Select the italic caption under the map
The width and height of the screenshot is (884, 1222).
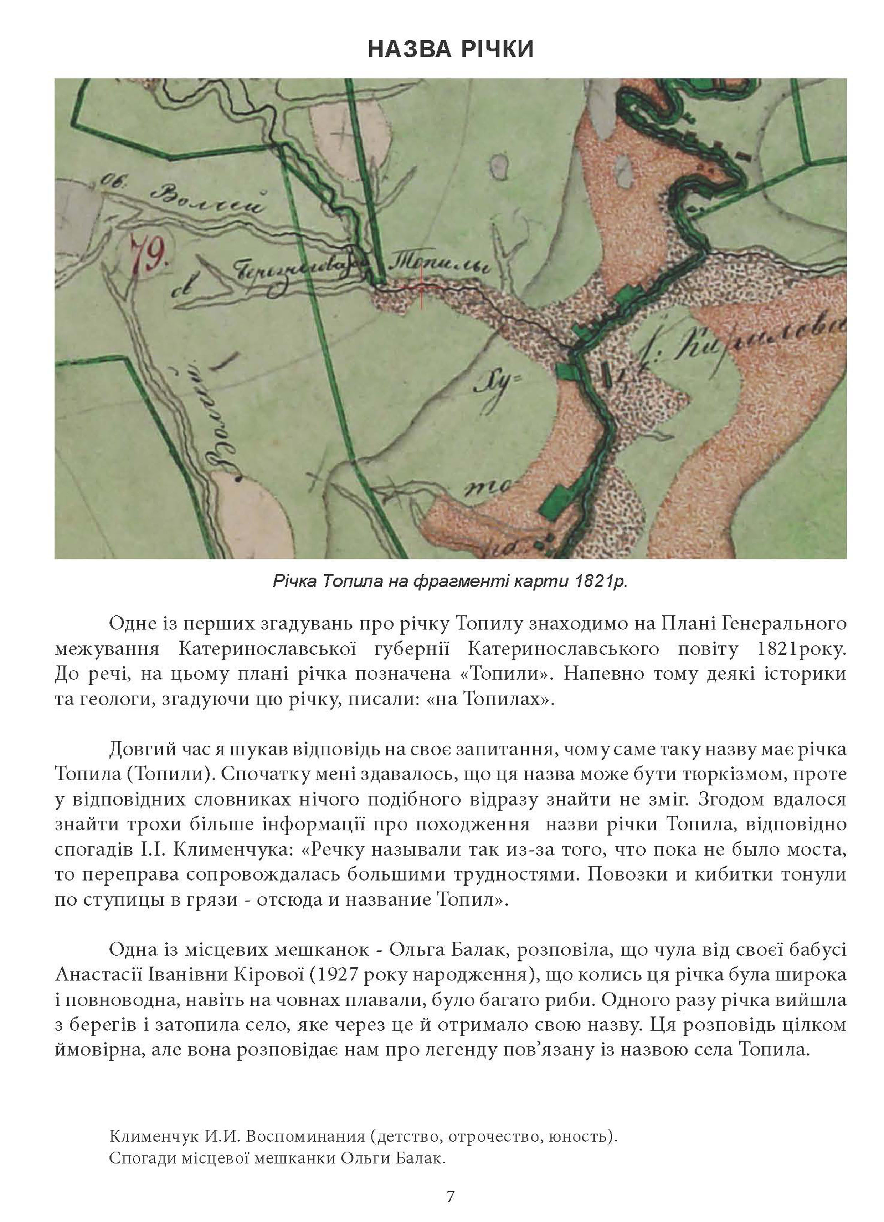(450, 582)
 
